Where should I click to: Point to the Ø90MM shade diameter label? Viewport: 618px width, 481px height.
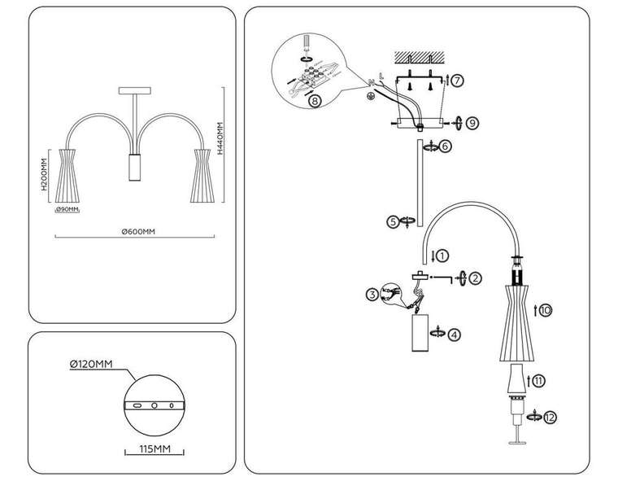pyautogui.click(x=67, y=210)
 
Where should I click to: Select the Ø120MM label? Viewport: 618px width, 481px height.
pyautogui.click(x=91, y=364)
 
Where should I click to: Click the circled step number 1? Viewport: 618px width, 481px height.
pyautogui.click(x=442, y=255)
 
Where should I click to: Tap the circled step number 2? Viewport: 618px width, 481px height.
pyautogui.click(x=476, y=278)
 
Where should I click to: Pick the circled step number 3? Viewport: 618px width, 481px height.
pyautogui.click(x=372, y=293)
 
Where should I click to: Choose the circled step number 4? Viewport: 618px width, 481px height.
pyautogui.click(x=455, y=334)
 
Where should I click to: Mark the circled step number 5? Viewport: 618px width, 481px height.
pyautogui.click(x=393, y=221)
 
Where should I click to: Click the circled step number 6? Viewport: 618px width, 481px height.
pyautogui.click(x=444, y=146)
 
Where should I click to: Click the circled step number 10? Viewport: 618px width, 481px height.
pyautogui.click(x=545, y=310)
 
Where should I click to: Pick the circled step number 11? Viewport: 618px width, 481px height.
pyautogui.click(x=539, y=379)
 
